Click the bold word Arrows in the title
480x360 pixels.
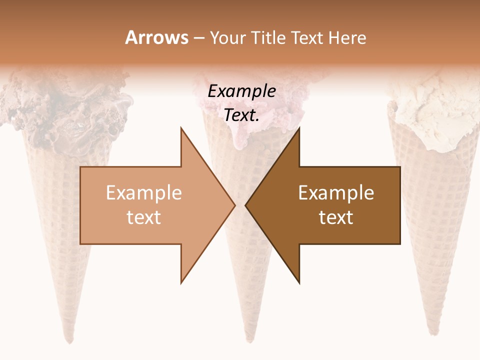point(156,37)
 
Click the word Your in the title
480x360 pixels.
point(228,37)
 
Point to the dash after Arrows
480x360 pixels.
point(198,38)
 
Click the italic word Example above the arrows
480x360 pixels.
point(241,91)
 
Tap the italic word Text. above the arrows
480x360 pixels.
point(241,115)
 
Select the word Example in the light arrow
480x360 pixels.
point(143,193)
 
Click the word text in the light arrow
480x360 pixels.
point(143,217)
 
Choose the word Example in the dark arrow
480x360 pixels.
point(336,193)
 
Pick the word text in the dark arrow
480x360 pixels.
point(336,217)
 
